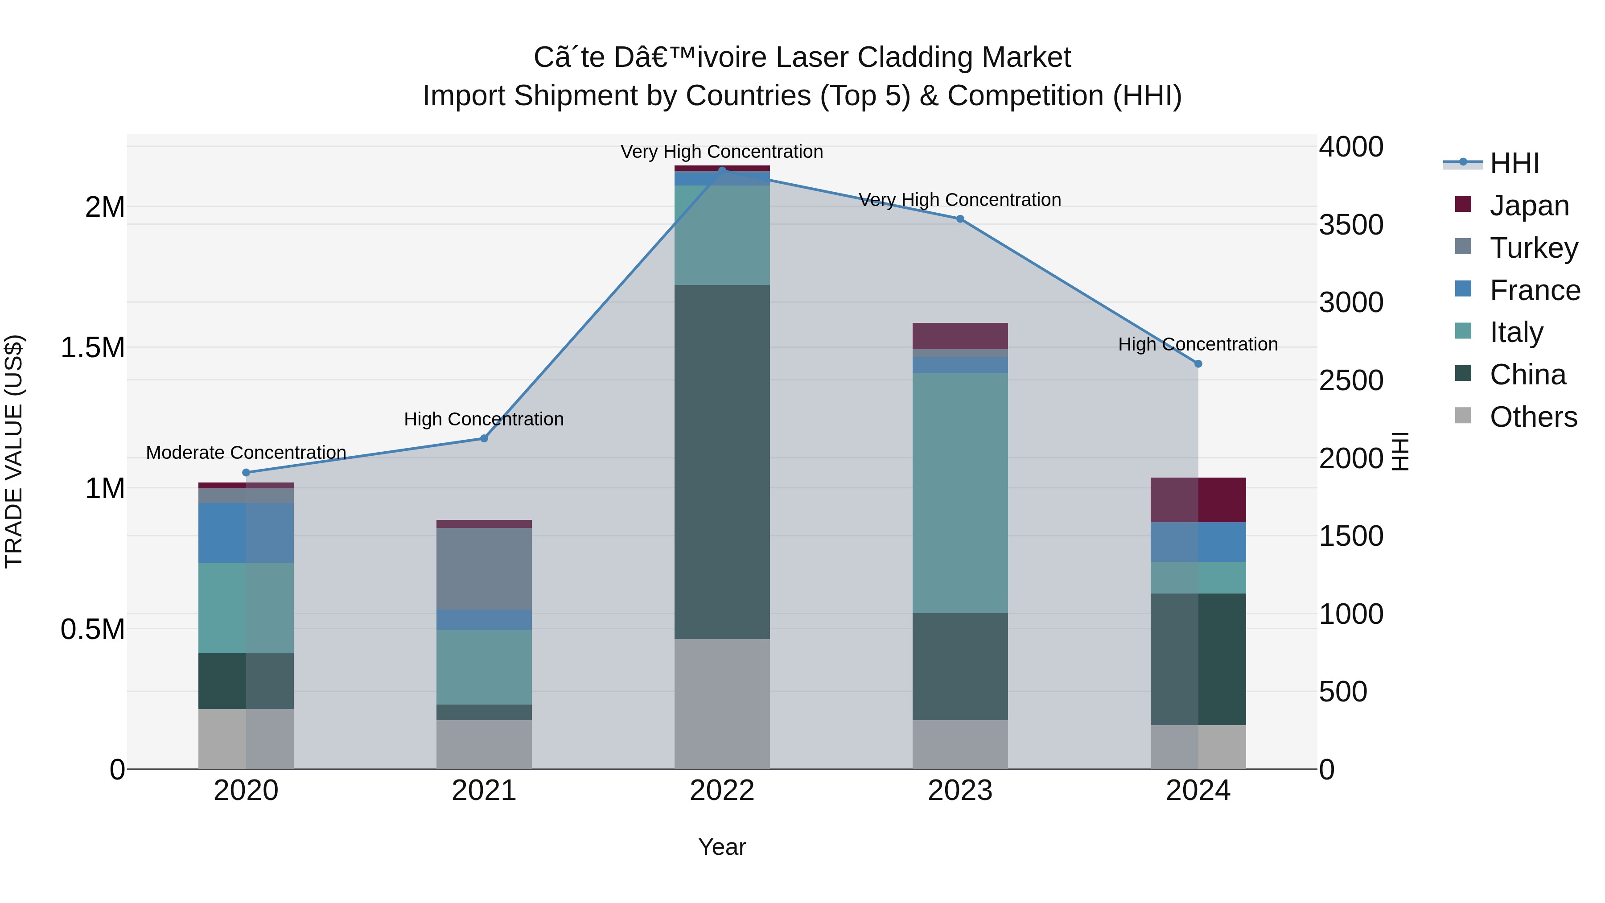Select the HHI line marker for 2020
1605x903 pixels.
click(246, 472)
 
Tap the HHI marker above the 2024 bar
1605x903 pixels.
click(1198, 364)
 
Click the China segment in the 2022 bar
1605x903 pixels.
click(722, 461)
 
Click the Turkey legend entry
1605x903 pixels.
click(1533, 248)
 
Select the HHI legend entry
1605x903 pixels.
click(1514, 163)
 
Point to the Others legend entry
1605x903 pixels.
click(1533, 417)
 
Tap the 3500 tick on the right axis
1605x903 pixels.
click(1351, 225)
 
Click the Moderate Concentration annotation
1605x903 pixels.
click(246, 453)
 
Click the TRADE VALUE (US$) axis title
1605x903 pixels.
click(14, 451)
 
